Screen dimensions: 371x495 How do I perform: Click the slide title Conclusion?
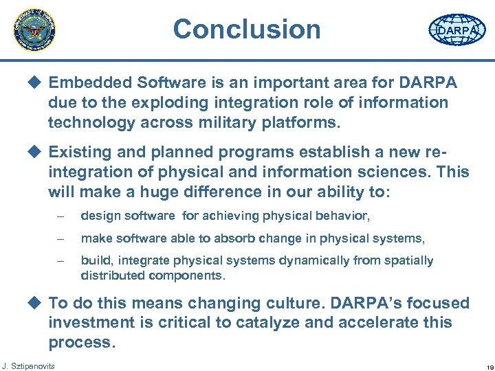tap(247, 29)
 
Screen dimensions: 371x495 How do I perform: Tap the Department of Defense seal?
tap(34, 30)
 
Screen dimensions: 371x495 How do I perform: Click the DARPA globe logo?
tap(456, 31)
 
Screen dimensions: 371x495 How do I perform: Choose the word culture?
tap(299, 303)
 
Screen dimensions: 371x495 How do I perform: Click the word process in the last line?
tap(78, 342)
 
